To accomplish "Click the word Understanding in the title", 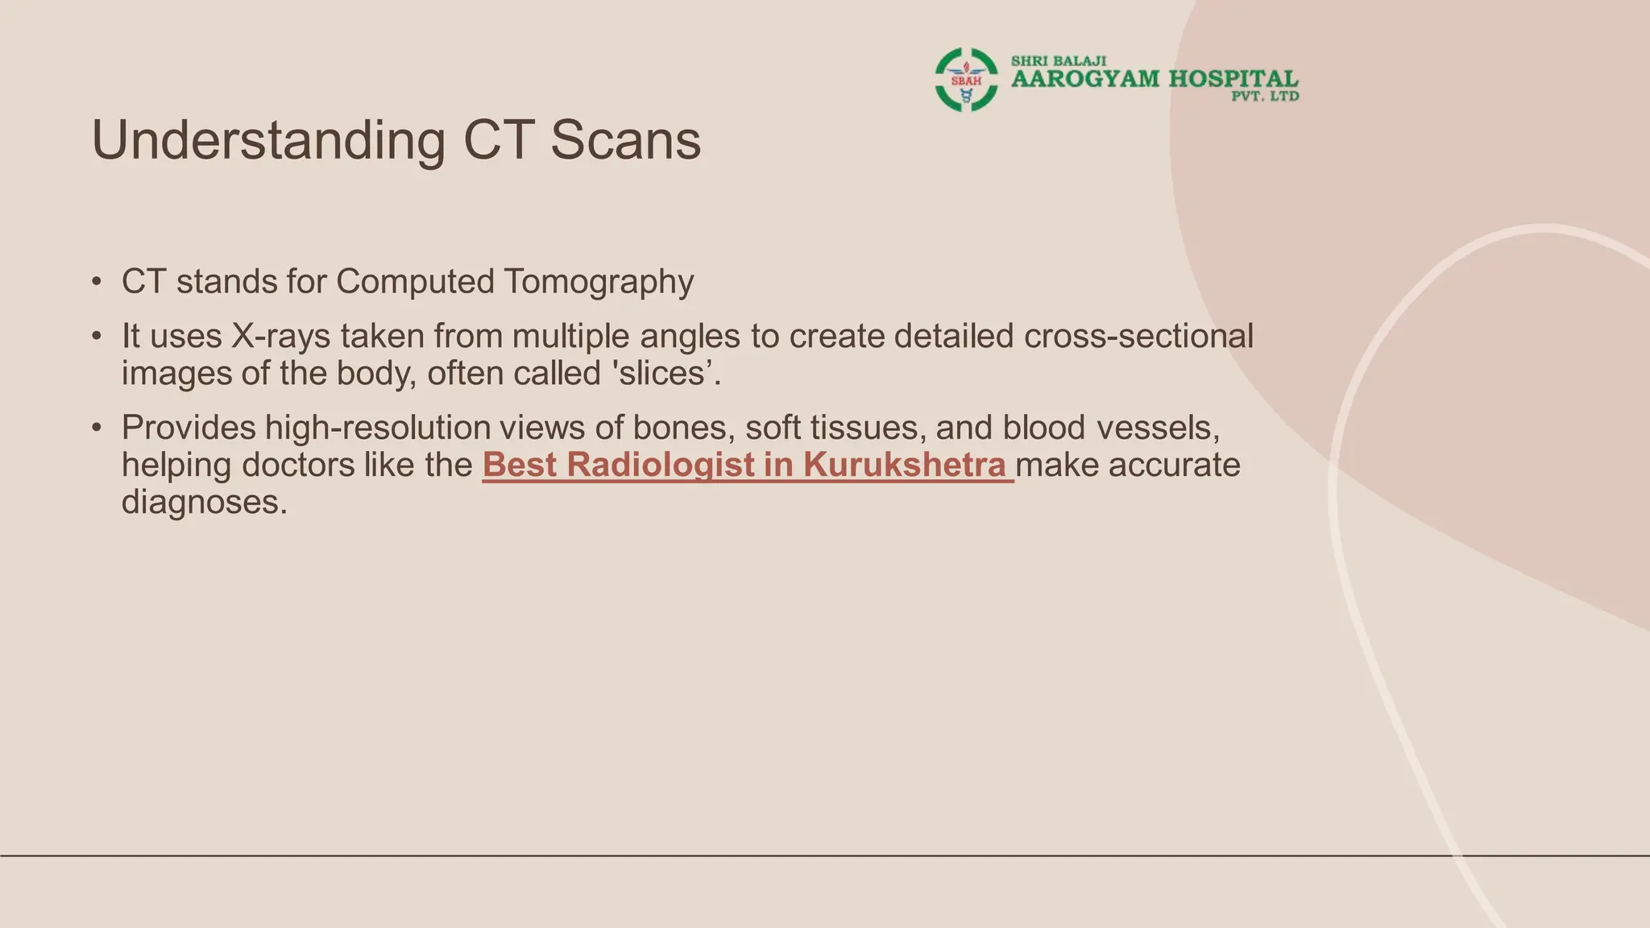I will click(x=268, y=141).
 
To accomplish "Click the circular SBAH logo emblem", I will click(x=966, y=80).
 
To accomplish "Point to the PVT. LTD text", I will click(x=1265, y=97).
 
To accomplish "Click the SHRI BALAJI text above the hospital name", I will click(x=1059, y=61).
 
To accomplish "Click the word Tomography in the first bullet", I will click(x=599, y=283).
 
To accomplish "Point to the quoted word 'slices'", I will click(x=660, y=374).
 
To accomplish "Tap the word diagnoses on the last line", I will click(x=205, y=503).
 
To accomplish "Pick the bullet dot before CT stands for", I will click(x=97, y=283).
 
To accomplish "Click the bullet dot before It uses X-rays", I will click(x=97, y=337).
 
